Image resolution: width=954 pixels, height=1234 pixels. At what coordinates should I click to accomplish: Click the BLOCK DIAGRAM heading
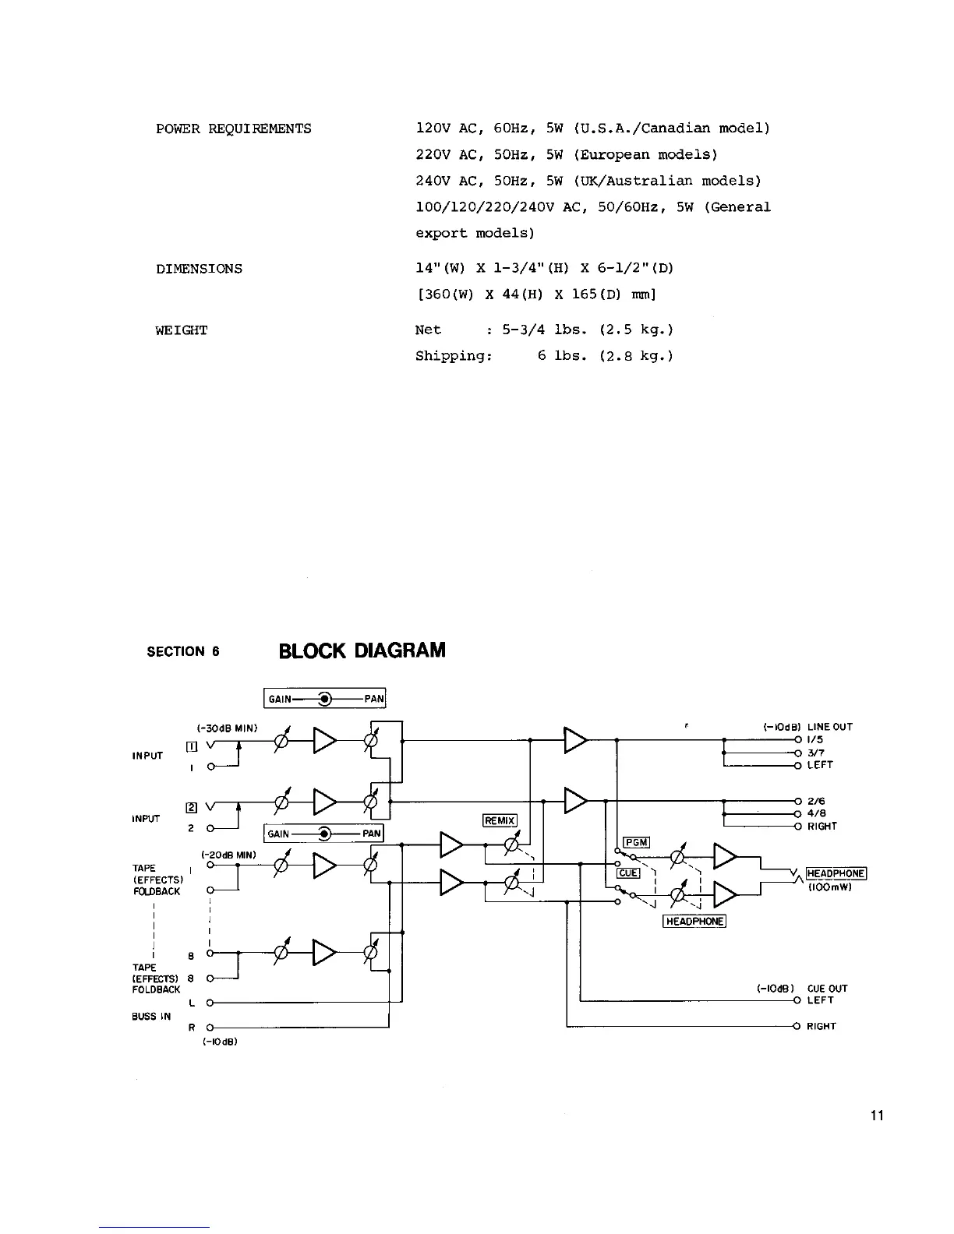point(362,650)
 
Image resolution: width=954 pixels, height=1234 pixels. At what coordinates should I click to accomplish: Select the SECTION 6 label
point(183,651)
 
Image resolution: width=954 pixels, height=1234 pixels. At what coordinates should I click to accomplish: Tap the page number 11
point(877,1116)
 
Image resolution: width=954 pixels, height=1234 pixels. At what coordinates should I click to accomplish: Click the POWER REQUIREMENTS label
point(233,129)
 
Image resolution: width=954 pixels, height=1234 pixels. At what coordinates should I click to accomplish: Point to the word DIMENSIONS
point(199,269)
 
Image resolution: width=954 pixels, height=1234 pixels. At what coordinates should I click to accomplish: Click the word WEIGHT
point(181,330)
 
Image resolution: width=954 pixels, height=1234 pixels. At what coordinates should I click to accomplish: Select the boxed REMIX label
point(500,820)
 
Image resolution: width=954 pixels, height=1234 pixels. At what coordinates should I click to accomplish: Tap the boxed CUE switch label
point(628,873)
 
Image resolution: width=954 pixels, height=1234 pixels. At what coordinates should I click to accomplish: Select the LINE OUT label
point(830,727)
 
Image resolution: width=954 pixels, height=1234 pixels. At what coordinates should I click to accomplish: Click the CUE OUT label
point(827,989)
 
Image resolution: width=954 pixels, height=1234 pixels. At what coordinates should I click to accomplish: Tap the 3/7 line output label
point(815,753)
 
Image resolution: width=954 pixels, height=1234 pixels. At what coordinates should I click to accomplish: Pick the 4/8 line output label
point(816,813)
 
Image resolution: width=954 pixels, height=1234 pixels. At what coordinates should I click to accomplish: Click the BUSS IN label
point(150,1016)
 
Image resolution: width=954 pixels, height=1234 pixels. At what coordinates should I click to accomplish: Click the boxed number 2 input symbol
point(190,807)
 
